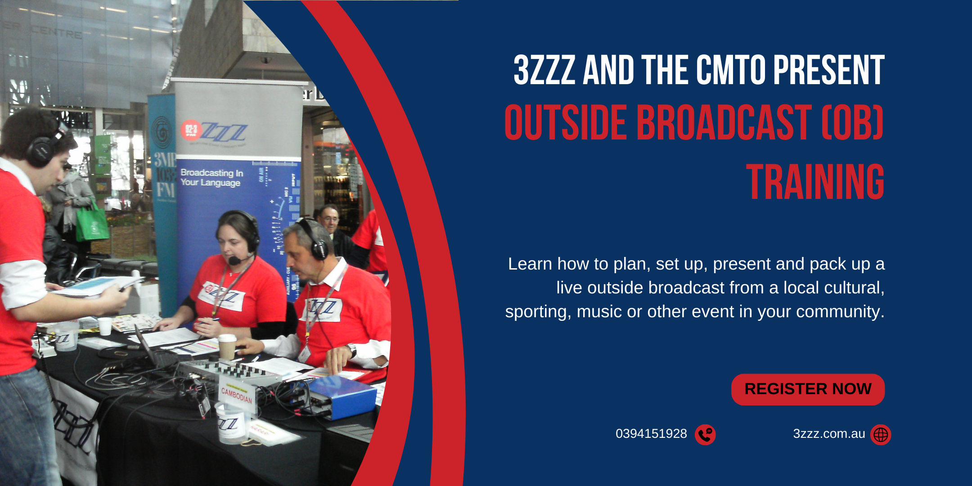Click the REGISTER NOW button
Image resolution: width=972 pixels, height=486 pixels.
pyautogui.click(x=808, y=389)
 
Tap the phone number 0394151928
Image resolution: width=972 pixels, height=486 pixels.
pyautogui.click(x=651, y=434)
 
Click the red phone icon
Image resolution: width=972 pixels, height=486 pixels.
pyautogui.click(x=705, y=435)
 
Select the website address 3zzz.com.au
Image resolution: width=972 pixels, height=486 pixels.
pyautogui.click(x=829, y=434)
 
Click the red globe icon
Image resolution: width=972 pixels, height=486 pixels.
pyautogui.click(x=881, y=435)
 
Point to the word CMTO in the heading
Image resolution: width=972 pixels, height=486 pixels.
pyautogui.click(x=731, y=70)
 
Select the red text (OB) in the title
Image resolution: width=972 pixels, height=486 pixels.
pyautogui.click(x=852, y=122)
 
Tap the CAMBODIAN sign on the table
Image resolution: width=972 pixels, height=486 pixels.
pyautogui.click(x=237, y=395)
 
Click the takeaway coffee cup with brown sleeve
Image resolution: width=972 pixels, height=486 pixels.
pyautogui.click(x=227, y=346)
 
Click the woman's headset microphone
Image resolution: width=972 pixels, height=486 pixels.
pyautogui.click(x=234, y=260)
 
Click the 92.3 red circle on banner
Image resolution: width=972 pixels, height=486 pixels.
pyautogui.click(x=191, y=130)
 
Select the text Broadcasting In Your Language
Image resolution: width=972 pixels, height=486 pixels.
pyautogui.click(x=211, y=178)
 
